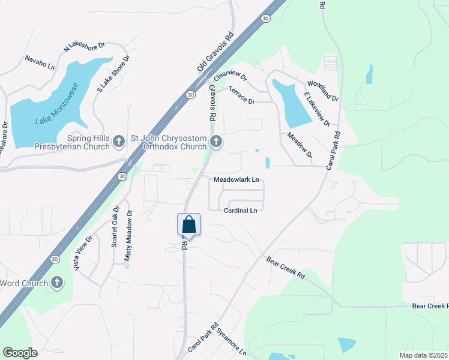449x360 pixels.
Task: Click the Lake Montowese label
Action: point(57,104)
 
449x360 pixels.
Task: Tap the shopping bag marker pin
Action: point(188,225)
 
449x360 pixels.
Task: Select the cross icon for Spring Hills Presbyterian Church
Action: point(119,142)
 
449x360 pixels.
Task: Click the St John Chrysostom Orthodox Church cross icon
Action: point(215,142)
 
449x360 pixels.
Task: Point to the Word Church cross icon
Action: point(57,283)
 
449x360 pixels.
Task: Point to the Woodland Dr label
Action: point(323,91)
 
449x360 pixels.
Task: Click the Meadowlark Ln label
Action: point(237,179)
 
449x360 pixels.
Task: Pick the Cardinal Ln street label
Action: point(240,211)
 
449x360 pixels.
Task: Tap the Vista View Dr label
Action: point(83,253)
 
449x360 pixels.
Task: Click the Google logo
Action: point(20,352)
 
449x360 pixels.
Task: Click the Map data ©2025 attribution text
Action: point(423,355)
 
